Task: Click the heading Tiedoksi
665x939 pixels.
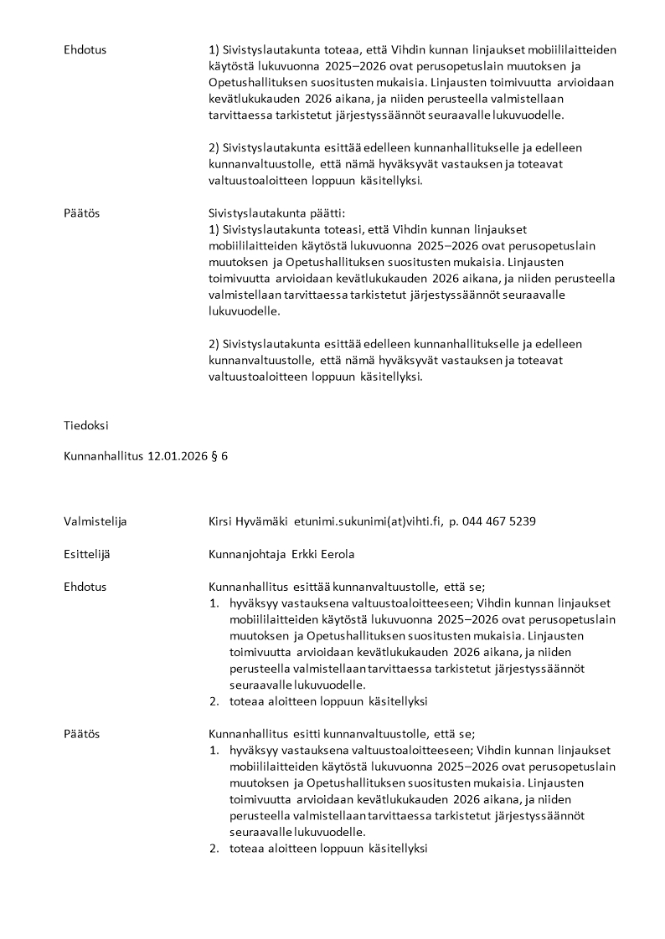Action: (86, 425)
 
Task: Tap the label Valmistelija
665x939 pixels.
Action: (95, 521)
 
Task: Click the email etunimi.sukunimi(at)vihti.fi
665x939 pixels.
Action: (367, 521)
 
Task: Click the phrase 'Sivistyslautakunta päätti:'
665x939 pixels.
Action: (275, 213)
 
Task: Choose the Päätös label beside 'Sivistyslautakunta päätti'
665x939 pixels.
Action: (81, 213)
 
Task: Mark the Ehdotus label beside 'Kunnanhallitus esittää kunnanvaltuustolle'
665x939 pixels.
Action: (85, 587)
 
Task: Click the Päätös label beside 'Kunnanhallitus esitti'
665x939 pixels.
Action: (81, 734)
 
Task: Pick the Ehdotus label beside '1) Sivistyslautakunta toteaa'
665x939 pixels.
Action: (85, 50)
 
